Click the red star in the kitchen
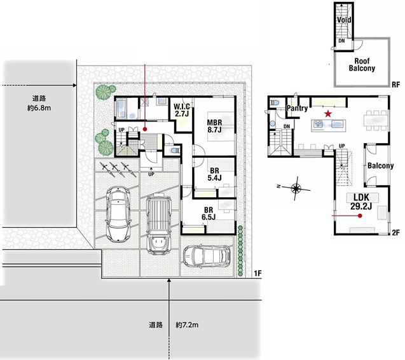328,113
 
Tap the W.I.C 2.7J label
182,110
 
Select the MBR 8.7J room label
215,126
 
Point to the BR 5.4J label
214,174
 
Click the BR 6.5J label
209,214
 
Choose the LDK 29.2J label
361,202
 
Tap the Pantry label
297,108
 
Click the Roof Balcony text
362,65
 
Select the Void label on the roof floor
344,20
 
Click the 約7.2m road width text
187,324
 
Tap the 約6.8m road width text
39,108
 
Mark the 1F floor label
257,273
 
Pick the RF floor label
395,85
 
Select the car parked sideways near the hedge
207,255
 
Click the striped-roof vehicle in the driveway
159,224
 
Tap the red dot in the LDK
360,216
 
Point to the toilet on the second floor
274,102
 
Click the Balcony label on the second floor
380,165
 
